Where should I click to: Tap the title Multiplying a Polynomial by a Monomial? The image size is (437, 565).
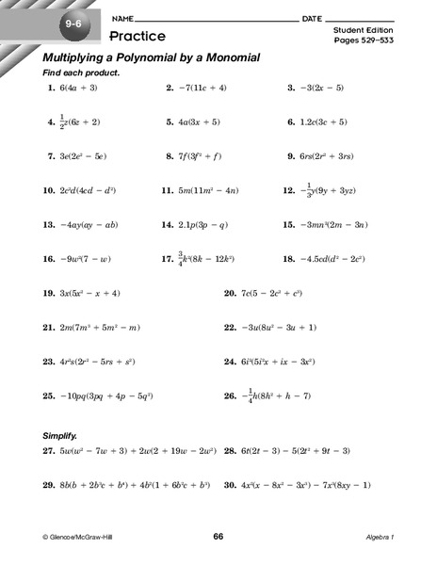pos(151,58)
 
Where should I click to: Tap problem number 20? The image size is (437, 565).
pos(229,294)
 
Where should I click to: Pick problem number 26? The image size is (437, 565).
pos(229,395)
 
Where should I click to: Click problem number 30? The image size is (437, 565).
pos(229,485)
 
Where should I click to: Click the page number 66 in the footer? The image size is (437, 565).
pos(218,537)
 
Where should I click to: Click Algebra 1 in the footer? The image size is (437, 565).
pos(381,538)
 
